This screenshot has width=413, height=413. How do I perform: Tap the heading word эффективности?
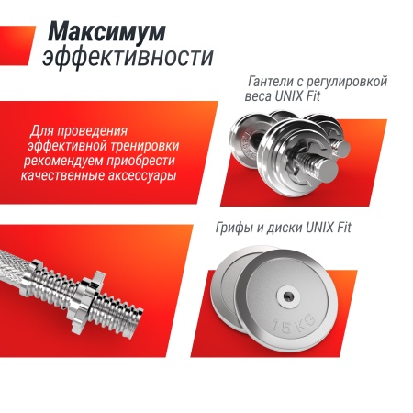click(128, 57)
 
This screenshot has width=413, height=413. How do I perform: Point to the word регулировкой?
click(350, 82)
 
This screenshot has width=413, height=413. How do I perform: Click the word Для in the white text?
click(44, 130)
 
